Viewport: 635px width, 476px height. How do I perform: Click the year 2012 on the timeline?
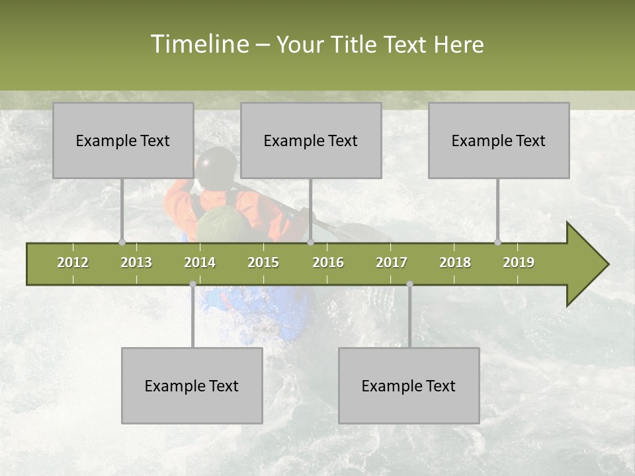point(73,262)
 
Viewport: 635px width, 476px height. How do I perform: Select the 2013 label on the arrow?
point(136,262)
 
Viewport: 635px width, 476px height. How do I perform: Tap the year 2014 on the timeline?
point(200,262)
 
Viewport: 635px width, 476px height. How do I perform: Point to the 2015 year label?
point(263,262)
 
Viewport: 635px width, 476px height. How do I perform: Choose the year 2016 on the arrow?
point(328,262)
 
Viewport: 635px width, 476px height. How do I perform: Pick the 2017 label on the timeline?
point(392,262)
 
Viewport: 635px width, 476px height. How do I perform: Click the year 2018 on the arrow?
point(455,262)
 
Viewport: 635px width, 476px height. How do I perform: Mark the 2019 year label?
point(519,262)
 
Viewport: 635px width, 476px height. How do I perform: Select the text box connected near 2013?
point(123,140)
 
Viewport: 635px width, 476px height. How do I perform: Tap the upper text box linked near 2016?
point(311,140)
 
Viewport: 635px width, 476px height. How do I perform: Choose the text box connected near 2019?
point(499,140)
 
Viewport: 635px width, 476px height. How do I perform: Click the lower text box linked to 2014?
point(192,385)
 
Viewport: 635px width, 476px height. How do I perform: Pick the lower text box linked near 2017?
point(409,385)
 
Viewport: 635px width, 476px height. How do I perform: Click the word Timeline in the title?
point(199,44)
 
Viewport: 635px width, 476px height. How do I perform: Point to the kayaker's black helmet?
point(216,165)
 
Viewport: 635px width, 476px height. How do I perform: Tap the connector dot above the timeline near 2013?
point(122,242)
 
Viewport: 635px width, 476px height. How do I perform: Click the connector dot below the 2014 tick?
point(192,284)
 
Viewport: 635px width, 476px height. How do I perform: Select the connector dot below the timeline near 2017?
point(409,284)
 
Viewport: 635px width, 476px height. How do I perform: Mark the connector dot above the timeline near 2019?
point(497,242)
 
